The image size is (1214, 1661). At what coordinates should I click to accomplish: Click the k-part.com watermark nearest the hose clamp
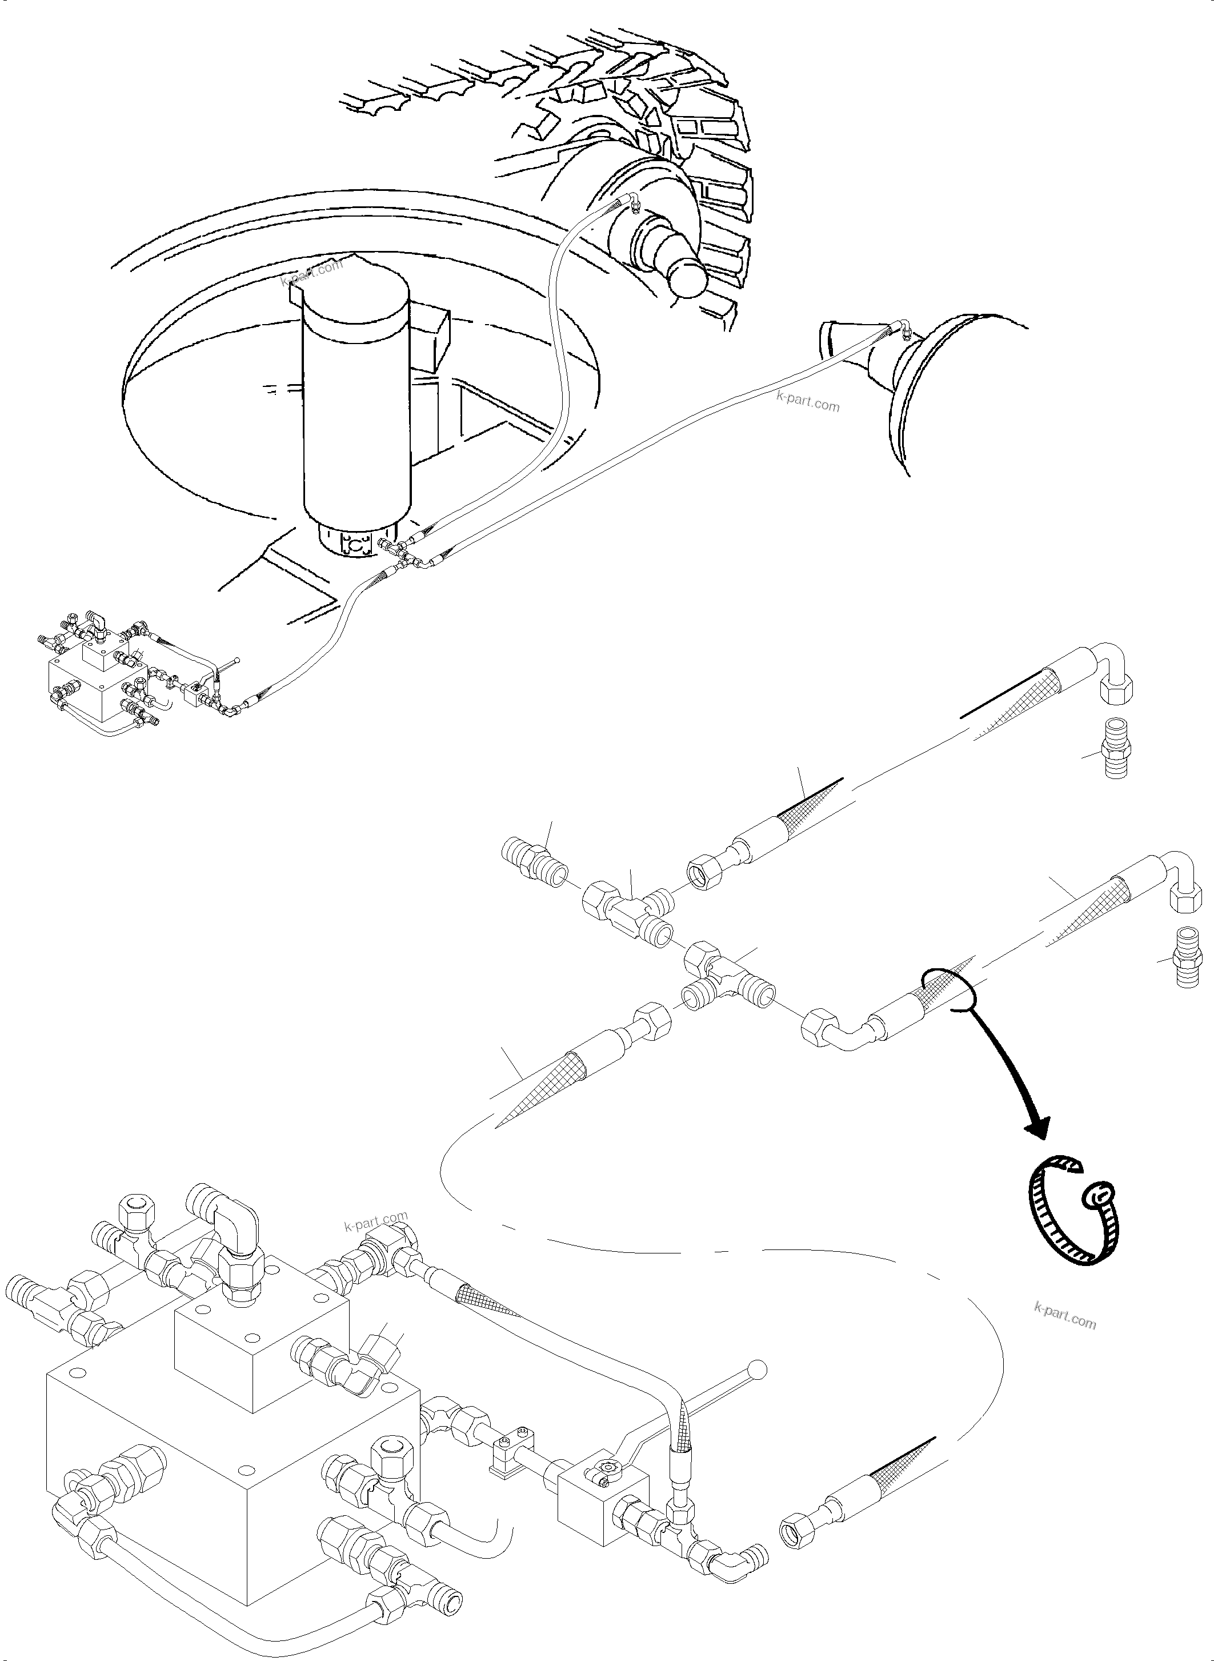pos(1064,1314)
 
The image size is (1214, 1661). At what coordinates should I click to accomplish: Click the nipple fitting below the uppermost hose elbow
pos(1116,757)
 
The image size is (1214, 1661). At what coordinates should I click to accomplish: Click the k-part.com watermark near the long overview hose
pos(808,402)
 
